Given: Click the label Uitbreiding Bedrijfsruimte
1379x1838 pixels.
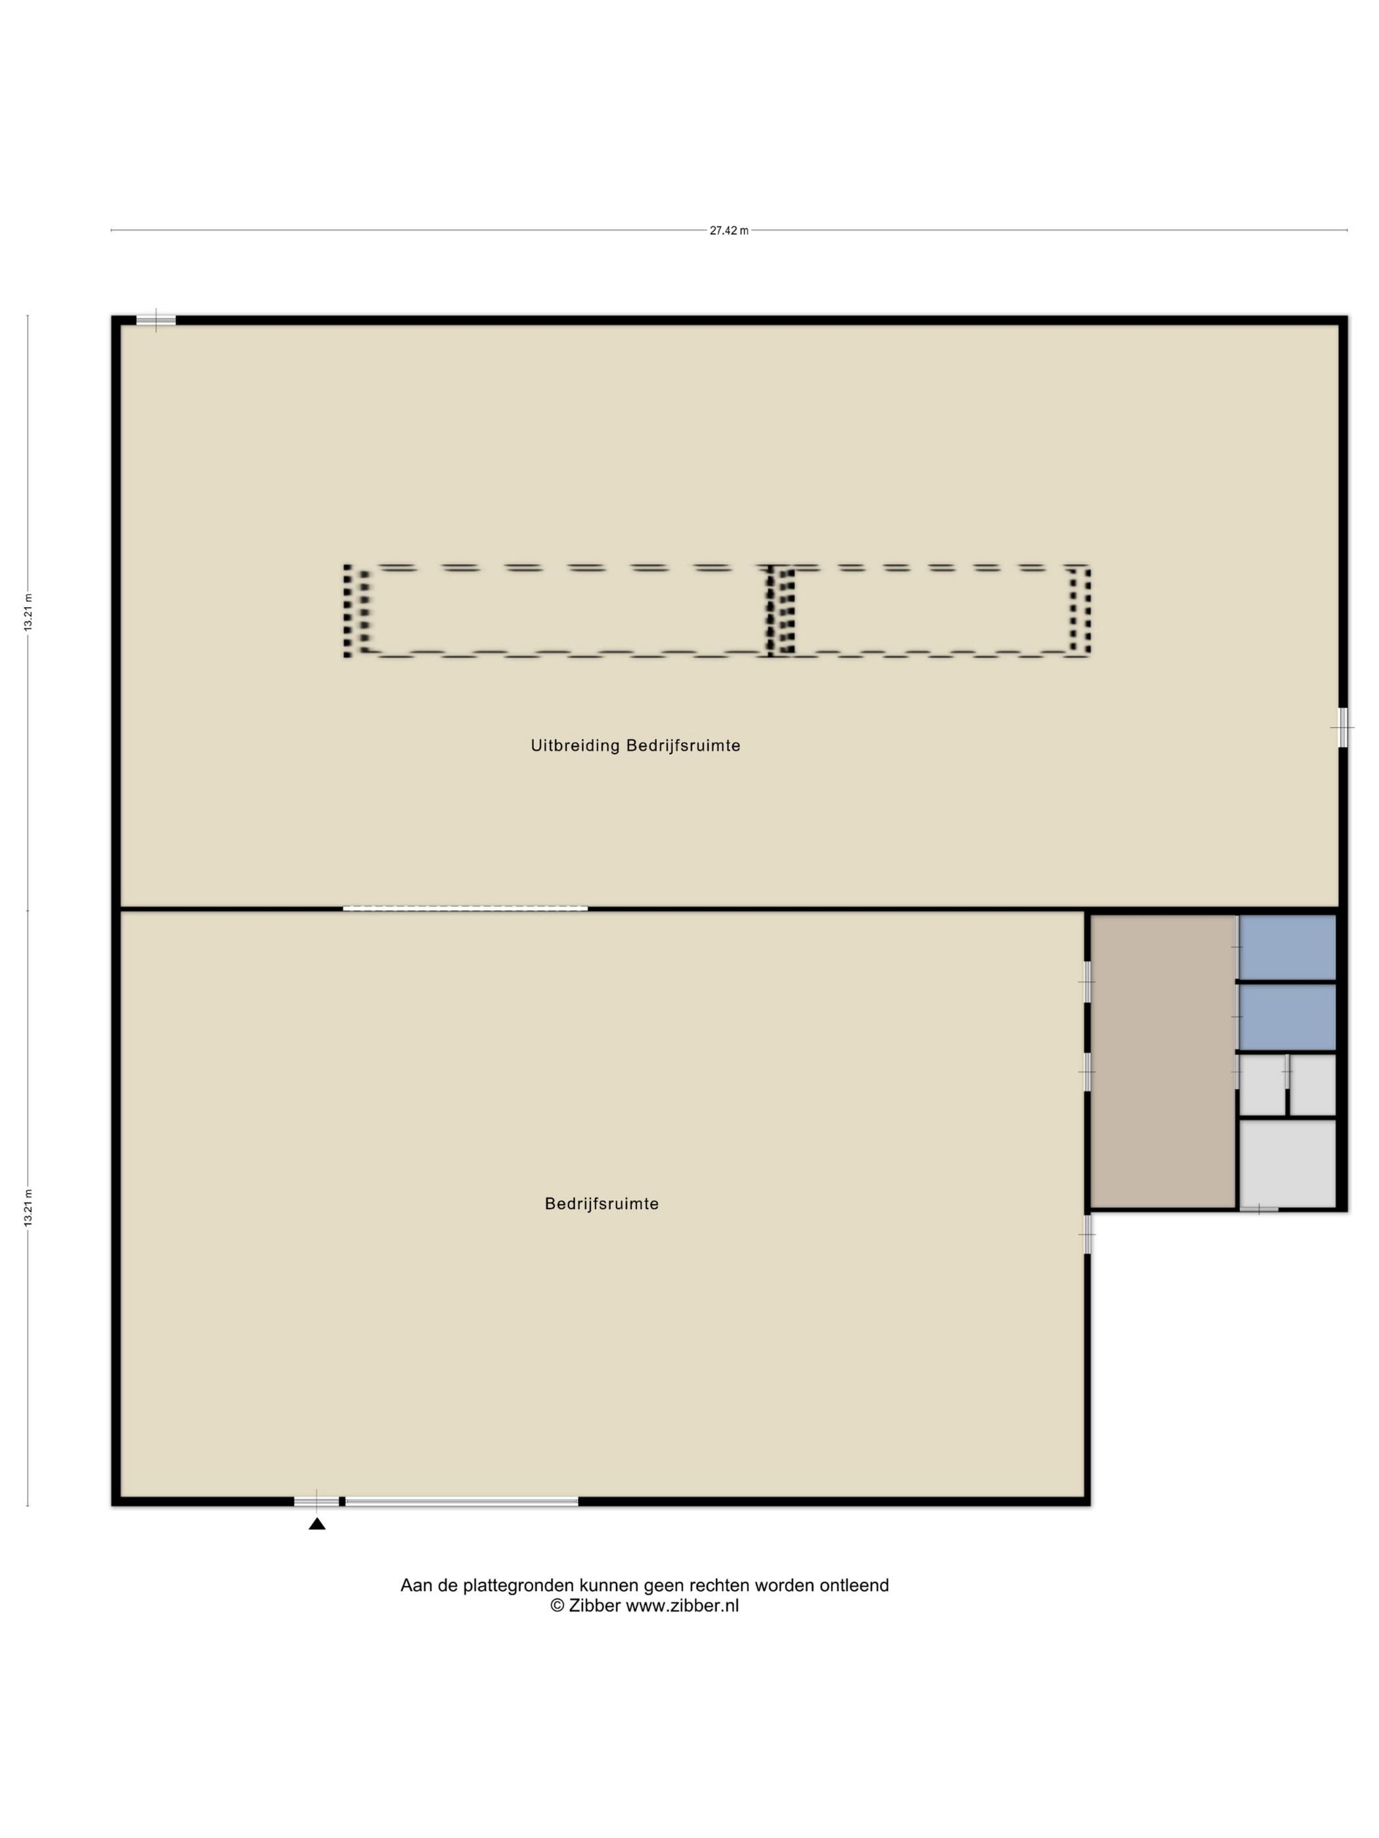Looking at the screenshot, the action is tap(635, 745).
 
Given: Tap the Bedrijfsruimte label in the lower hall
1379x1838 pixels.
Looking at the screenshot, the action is tap(602, 1203).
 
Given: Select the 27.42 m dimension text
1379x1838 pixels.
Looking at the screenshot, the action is tap(729, 231).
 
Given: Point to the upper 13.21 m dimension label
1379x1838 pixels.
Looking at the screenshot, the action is tap(28, 612).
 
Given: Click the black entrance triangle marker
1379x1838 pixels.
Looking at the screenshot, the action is tap(317, 1523).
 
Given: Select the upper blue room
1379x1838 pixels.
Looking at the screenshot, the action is tap(1288, 948).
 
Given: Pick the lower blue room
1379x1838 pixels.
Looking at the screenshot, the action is tap(1288, 1017).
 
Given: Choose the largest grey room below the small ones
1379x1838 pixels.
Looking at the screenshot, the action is tap(1288, 1163).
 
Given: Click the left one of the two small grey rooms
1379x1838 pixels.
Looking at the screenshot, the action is tap(1262, 1085).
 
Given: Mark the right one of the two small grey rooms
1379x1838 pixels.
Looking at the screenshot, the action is tap(1313, 1085).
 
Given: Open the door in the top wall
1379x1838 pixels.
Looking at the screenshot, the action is tap(156, 320).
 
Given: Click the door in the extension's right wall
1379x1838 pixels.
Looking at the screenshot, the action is tap(1342, 727).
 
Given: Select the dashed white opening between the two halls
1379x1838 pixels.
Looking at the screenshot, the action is tap(466, 908).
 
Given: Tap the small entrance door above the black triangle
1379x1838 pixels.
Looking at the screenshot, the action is tap(317, 1501).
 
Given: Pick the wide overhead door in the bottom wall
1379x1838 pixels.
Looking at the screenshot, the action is tap(462, 1501).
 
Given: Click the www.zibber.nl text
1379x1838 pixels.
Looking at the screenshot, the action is tap(682, 1606).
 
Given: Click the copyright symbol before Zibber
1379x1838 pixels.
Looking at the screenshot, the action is tap(557, 1606).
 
